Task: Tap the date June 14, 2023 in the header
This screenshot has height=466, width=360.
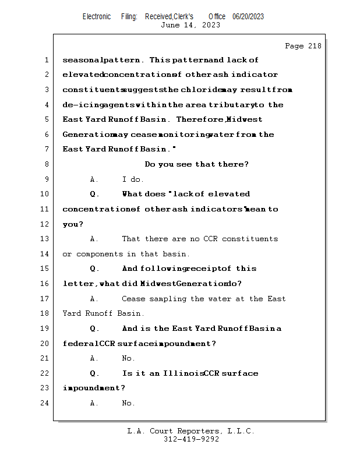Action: pos(190,25)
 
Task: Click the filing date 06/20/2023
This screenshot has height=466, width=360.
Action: pos(248,17)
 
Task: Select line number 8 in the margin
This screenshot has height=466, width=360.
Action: pos(46,164)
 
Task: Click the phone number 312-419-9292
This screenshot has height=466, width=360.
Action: pos(191,439)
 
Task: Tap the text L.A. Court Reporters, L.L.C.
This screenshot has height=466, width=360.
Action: pos(191,431)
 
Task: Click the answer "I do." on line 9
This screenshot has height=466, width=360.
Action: pos(133,179)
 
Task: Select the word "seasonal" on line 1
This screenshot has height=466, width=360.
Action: pos(82,60)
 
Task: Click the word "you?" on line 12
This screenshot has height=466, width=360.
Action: pos(73,224)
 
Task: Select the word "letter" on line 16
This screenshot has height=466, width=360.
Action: pos(79,284)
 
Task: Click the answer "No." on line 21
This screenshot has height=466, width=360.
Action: pos(128,359)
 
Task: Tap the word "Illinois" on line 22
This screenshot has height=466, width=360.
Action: pos(182,373)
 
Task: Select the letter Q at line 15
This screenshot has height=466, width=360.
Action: pos(94,269)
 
